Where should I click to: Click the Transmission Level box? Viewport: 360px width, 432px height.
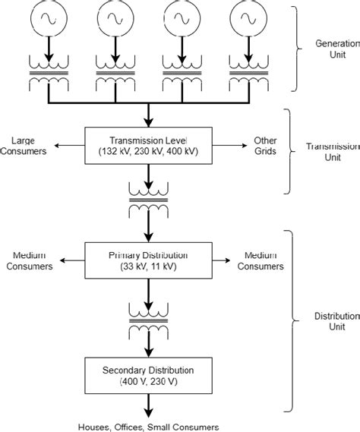click(150, 145)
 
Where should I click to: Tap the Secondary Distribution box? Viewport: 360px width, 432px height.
click(150, 375)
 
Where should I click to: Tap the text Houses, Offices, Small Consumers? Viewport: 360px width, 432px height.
click(148, 427)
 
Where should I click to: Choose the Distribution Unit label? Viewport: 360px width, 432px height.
click(335, 321)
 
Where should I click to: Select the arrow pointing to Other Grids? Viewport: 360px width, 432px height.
click(226, 145)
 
